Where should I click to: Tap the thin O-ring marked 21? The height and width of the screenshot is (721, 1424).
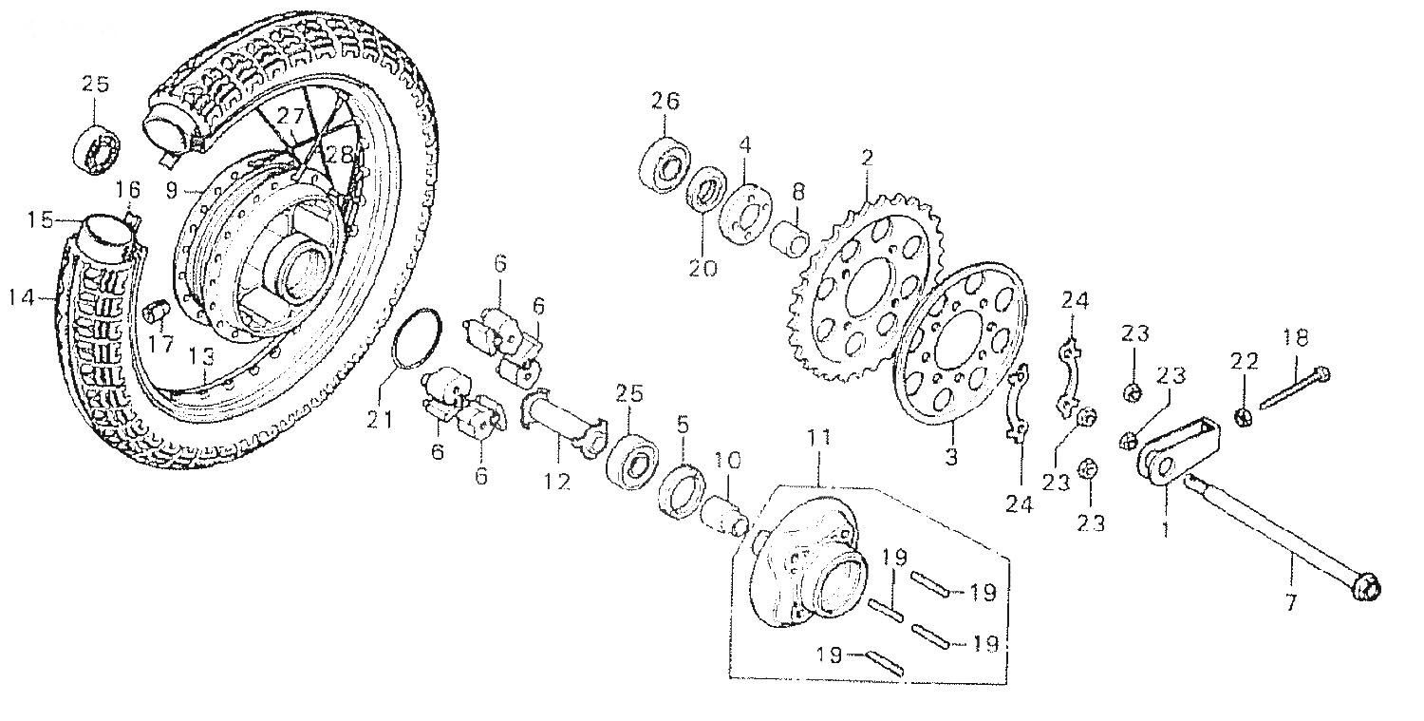point(419,337)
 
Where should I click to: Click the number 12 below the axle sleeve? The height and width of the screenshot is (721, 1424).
point(556,482)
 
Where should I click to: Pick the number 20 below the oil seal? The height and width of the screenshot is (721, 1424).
point(703,268)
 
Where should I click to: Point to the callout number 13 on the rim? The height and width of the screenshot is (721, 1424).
point(200,355)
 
